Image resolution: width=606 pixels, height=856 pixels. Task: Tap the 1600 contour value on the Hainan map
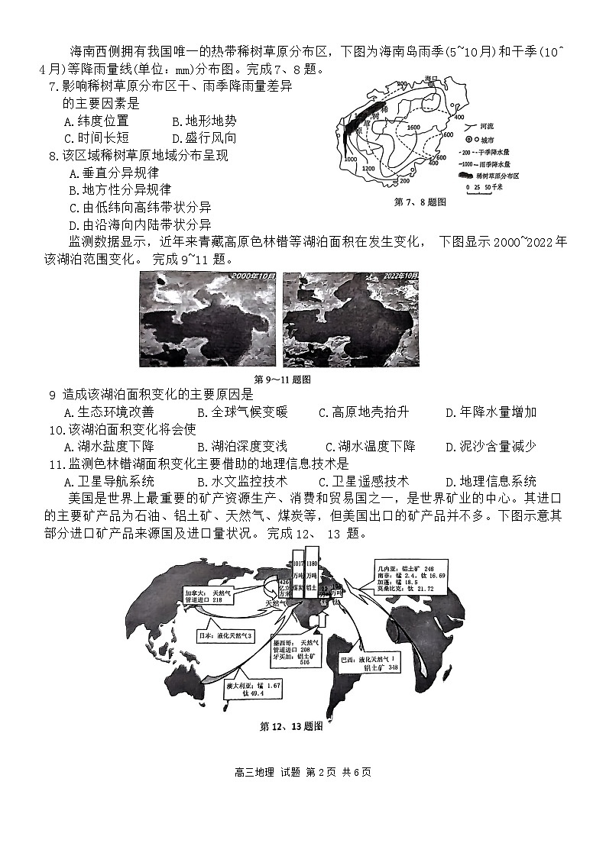click(x=413, y=127)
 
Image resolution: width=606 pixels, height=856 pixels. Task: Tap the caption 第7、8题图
click(x=420, y=202)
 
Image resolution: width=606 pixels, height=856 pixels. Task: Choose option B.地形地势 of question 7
click(x=204, y=121)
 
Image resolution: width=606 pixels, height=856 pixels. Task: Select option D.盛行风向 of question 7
click(x=204, y=138)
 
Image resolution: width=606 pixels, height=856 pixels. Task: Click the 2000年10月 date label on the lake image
click(x=251, y=276)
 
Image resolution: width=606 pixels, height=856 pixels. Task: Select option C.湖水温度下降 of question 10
click(x=370, y=447)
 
